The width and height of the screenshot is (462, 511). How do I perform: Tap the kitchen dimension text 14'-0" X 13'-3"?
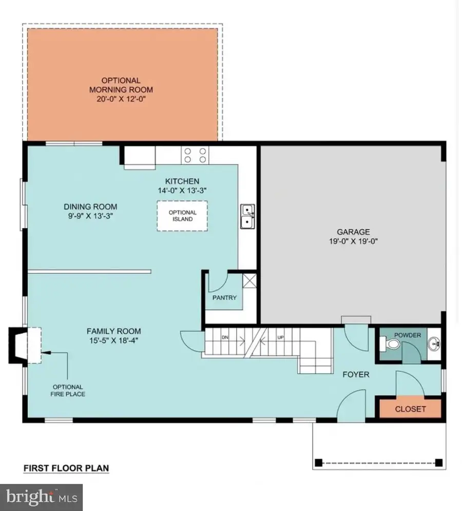pos(182,190)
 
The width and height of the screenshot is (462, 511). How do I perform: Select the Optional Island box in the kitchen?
pos(182,216)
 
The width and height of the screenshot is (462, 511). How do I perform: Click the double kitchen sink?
pos(248,216)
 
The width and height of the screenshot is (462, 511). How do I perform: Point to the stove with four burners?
pos(195,155)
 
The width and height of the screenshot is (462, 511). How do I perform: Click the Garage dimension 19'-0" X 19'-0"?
pos(353,241)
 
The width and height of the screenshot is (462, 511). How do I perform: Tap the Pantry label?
pos(224,297)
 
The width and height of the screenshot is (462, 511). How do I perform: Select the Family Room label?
pos(113,331)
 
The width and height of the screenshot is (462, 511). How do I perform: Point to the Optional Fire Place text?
pos(68,390)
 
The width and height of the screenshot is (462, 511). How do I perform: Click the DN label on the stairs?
pos(224,337)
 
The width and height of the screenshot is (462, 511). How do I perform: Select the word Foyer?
pos(356,374)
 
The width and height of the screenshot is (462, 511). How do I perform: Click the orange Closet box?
pos(410,409)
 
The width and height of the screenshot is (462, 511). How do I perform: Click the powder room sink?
pos(435,342)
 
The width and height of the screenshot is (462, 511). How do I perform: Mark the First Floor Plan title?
pos(66,468)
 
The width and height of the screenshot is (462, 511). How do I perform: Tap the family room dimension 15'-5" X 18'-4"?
pos(113,340)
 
